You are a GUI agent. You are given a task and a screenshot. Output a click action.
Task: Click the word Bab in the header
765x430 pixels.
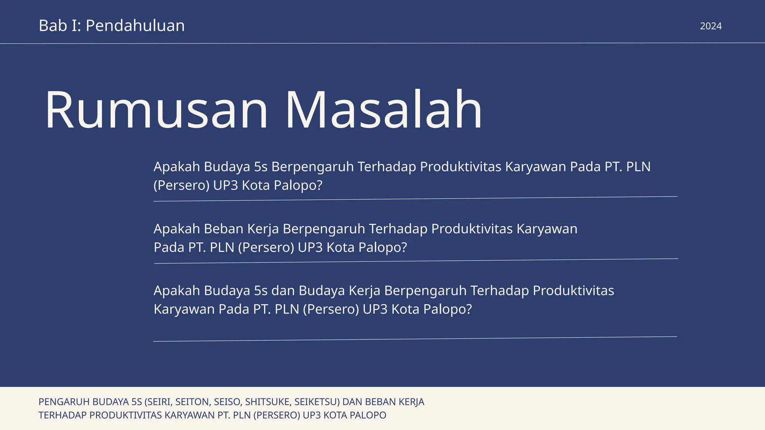53,26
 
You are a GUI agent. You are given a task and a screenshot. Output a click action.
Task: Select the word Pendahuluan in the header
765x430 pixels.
135,26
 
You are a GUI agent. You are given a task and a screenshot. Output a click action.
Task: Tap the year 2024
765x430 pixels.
710,26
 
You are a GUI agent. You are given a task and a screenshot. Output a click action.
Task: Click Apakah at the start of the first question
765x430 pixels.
177,167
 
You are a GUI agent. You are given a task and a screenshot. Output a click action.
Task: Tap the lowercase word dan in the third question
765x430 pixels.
283,291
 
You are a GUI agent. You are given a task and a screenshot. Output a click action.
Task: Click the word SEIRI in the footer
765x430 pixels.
158,402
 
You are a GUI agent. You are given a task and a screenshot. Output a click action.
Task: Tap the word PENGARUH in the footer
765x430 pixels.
64,402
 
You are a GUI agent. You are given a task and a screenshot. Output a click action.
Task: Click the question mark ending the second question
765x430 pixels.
403,247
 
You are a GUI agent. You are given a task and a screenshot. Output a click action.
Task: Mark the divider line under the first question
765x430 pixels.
415,199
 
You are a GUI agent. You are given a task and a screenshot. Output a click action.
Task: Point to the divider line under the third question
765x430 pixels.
415,339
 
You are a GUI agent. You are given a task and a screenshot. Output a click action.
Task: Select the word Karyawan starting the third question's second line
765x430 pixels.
184,309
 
